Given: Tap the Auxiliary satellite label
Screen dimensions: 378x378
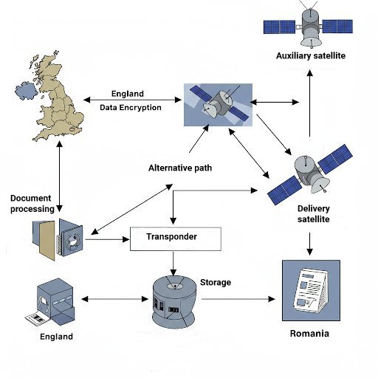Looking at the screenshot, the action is coord(311,56).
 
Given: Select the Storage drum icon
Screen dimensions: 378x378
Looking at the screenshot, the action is coord(174,302).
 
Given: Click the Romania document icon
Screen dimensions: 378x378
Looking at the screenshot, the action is coord(311,290).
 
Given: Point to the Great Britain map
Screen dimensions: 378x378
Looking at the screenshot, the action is coord(50,96).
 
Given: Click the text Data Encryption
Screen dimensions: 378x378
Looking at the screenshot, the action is coord(131,108).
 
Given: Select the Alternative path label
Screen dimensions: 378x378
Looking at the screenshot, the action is coord(180,168).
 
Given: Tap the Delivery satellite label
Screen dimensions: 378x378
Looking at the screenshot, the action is coord(313,214).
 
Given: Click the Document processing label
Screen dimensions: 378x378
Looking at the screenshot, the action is coord(32,204).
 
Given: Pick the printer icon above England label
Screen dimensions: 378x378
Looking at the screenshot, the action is coord(51,303).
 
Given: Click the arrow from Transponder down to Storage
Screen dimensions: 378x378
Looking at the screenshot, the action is coord(173,264).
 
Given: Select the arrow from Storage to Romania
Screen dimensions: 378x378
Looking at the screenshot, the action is coord(238,299).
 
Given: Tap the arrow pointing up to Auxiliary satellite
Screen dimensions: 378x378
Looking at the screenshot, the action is coord(310,103).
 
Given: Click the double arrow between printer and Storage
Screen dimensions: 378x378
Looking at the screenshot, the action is coord(114,299).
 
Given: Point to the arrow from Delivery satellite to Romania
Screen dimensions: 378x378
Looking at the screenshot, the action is coord(309,244).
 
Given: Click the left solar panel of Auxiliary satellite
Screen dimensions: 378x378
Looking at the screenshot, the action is coord(279,27).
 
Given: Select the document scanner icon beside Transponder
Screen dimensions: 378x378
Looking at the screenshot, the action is coord(58,239).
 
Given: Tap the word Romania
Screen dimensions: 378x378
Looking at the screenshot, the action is coord(309,334).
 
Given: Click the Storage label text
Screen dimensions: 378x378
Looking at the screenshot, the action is coord(216,283).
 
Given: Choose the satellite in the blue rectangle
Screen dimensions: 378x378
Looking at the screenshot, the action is coord(218,105).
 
